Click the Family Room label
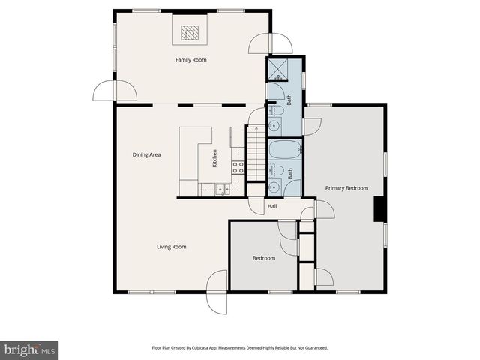[x=190, y=59]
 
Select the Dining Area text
[x=147, y=154]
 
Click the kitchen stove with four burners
[x=238, y=168]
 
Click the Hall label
[x=273, y=206]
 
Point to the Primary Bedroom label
[x=345, y=188]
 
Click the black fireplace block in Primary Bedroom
[x=379, y=209]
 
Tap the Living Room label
[x=171, y=246]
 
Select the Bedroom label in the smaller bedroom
[x=263, y=258]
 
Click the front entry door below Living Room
[x=217, y=292]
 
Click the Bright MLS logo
[x=30, y=349]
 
